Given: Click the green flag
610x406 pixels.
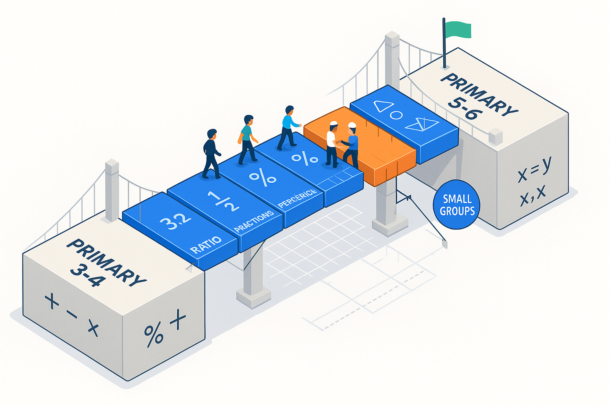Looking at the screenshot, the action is tap(458, 30).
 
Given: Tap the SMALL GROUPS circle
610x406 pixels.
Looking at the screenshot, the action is tap(457, 205).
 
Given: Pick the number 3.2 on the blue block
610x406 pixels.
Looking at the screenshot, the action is tap(175, 221).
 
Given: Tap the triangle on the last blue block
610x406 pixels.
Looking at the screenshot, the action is tap(383, 106).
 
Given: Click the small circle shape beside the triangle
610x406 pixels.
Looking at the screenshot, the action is tap(396, 115).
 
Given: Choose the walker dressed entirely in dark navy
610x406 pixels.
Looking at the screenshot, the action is tap(211, 154).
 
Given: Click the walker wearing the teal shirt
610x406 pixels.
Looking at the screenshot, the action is tap(247, 139).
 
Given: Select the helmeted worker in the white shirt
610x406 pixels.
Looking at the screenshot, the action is tap(332, 144).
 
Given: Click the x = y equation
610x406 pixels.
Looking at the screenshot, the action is tap(534, 169).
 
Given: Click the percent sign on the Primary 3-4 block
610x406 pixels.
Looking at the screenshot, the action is tap(154, 334).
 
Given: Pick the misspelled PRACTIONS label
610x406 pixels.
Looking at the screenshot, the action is tap(254, 222).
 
